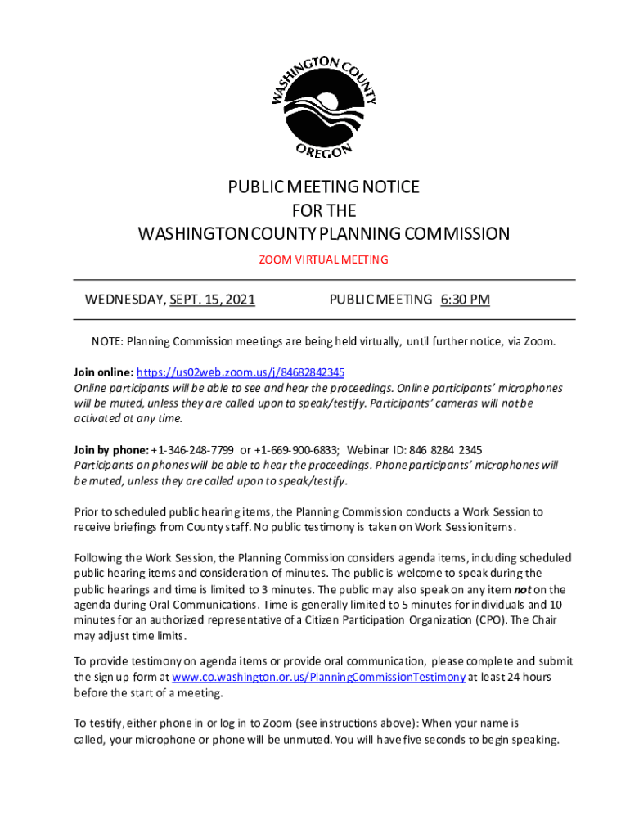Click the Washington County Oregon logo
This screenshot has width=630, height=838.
[324, 106]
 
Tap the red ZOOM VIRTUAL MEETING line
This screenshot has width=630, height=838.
[323, 260]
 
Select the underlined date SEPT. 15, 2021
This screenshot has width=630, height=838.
[212, 300]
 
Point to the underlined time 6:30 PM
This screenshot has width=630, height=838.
[465, 300]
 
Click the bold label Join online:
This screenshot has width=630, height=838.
[103, 372]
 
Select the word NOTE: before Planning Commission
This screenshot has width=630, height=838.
[106, 341]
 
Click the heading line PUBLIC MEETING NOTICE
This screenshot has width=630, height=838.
[323, 187]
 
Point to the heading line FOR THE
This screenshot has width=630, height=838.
[323, 210]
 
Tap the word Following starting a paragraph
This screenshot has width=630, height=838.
[99, 558]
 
